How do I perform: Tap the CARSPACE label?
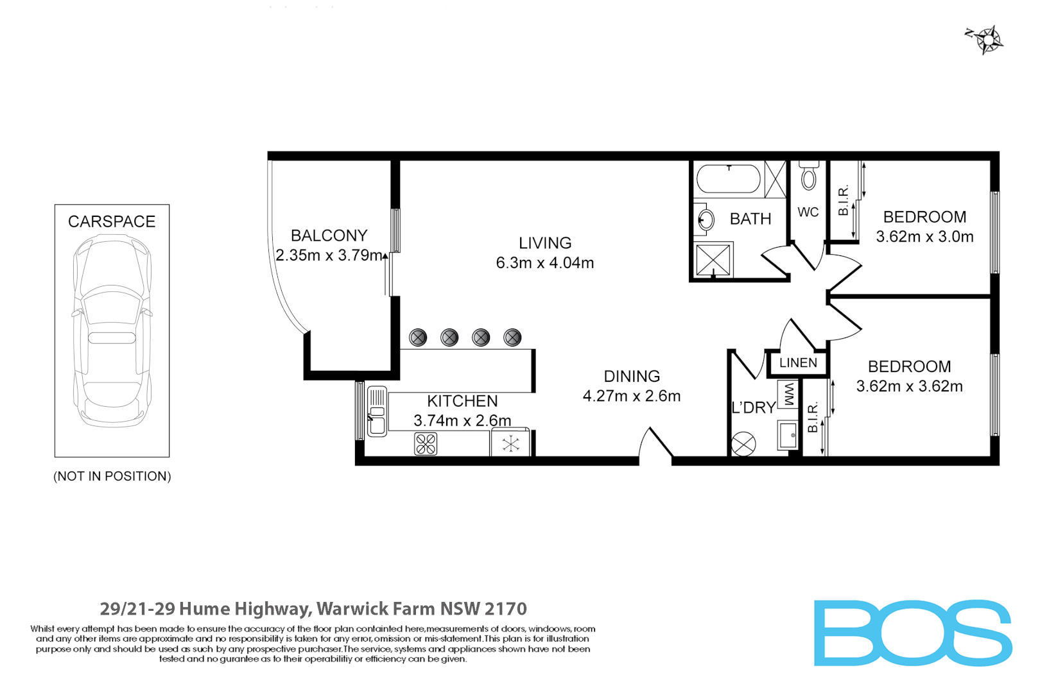(x=112, y=222)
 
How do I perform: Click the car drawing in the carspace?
(x=112, y=330)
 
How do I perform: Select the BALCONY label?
(x=329, y=235)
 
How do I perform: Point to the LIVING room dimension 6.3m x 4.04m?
(x=544, y=263)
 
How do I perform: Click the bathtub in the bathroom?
(x=729, y=179)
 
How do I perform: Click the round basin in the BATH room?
(x=706, y=220)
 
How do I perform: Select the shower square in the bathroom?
(x=713, y=260)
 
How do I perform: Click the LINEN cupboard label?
(x=798, y=363)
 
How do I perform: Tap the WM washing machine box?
(x=788, y=393)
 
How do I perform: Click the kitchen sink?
(x=377, y=411)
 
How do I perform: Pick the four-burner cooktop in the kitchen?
(x=426, y=444)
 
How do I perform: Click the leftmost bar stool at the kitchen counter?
(x=418, y=338)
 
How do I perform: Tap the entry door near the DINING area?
(x=655, y=444)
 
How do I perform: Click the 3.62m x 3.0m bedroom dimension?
(x=924, y=237)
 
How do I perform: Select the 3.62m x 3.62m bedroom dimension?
(x=909, y=386)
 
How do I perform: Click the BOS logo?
(x=912, y=633)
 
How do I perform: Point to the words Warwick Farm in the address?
(x=376, y=609)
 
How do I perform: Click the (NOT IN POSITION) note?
(x=112, y=476)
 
